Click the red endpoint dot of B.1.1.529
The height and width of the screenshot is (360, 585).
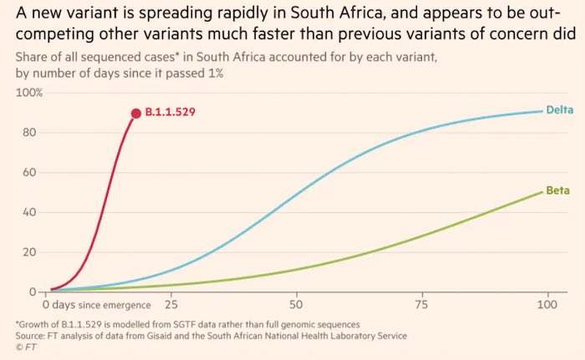point(135,113)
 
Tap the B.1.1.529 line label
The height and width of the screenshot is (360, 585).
point(171,113)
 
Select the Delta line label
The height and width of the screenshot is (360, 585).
point(557,110)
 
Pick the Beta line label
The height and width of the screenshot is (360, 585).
point(557,191)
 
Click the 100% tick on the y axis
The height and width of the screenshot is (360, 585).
point(30,92)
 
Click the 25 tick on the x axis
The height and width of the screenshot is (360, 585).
point(171,306)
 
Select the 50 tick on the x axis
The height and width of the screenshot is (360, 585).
point(296,306)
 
